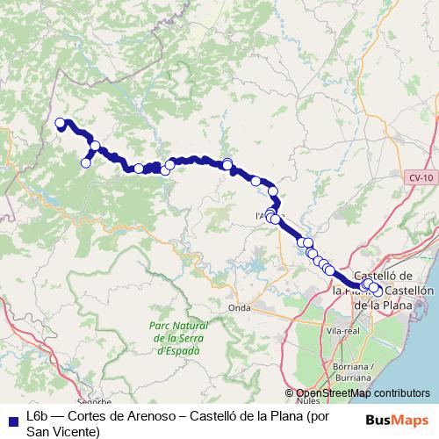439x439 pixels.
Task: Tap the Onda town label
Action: tap(239, 307)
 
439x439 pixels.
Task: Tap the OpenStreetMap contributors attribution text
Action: tap(362, 393)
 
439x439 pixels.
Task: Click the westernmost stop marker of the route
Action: tap(60, 123)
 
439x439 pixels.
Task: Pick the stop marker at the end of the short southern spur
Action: tap(86, 162)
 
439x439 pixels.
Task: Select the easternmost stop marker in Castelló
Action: tap(378, 291)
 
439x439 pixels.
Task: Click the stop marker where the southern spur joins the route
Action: tap(95, 147)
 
